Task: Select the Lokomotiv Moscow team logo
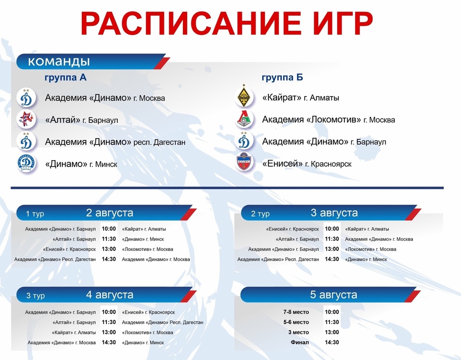(244, 119)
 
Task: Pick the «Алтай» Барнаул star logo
(26, 119)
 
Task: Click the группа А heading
(65, 77)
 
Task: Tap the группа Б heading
(282, 77)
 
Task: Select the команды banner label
(59, 61)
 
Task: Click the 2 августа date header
(110, 212)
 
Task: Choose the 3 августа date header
(334, 212)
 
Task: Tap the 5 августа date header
(334, 295)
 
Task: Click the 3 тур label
(36, 295)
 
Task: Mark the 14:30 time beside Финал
(332, 342)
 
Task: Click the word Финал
(300, 342)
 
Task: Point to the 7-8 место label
(296, 312)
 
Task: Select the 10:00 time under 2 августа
(109, 229)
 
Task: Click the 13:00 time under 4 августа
(109, 332)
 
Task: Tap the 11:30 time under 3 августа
(332, 239)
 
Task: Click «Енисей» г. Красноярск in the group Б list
(307, 163)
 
